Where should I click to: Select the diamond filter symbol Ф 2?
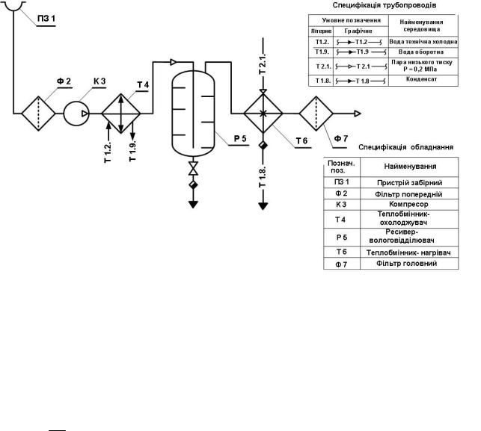coord(35,114)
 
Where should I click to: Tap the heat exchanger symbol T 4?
coord(120,114)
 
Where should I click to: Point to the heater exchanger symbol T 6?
coord(262,114)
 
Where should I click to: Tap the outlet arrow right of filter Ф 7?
coord(359,114)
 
